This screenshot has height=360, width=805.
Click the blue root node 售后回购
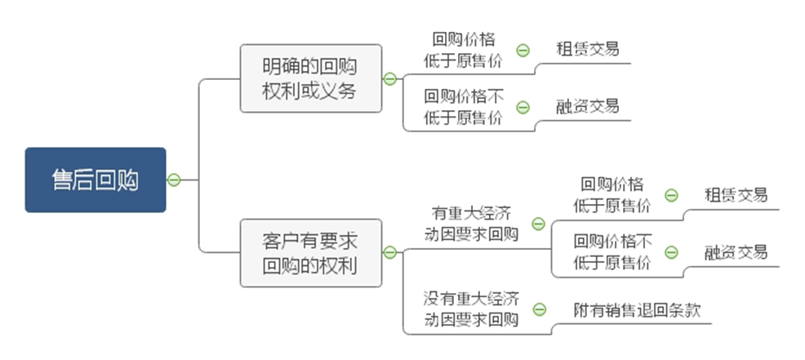(x=95, y=180)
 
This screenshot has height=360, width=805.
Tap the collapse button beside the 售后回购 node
(x=173, y=180)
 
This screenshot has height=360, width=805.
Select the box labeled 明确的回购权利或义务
(x=310, y=78)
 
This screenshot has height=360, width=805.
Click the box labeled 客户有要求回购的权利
(x=310, y=253)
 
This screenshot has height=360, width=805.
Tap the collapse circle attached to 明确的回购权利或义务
(x=389, y=78)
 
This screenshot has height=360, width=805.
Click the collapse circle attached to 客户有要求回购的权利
(x=389, y=253)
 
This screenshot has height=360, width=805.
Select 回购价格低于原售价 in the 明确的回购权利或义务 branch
(x=463, y=50)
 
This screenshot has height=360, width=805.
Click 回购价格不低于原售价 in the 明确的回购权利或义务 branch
(x=463, y=107)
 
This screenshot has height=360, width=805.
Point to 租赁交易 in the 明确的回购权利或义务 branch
(x=587, y=48)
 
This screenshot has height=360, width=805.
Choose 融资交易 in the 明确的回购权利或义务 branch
(x=587, y=105)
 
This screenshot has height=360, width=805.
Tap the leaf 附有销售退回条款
(x=626, y=310)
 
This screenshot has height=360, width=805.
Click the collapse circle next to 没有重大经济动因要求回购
(x=539, y=309)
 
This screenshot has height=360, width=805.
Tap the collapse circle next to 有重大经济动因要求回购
(x=538, y=224)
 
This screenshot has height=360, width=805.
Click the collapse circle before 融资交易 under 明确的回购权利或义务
(x=523, y=107)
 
